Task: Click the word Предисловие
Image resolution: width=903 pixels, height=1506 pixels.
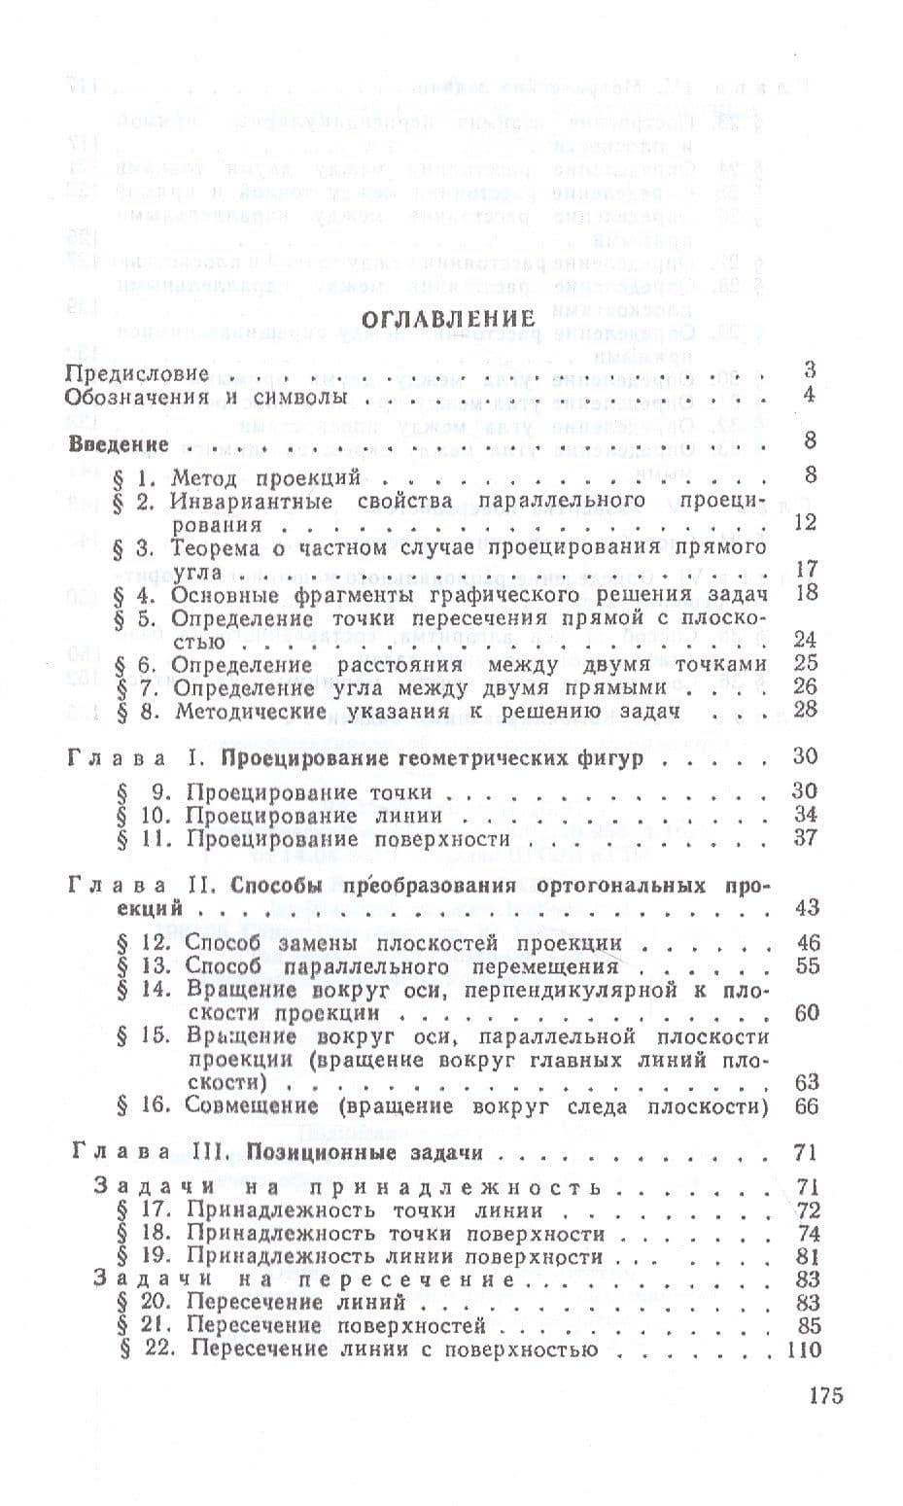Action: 137,372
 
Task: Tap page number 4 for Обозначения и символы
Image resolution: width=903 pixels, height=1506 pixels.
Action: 810,396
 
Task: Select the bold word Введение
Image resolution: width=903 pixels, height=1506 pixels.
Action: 120,443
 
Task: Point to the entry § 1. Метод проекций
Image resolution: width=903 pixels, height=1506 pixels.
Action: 237,476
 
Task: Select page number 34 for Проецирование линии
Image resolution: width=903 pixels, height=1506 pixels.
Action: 805,815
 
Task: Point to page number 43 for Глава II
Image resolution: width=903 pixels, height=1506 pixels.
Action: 806,908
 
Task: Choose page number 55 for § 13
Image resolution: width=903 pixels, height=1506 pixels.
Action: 807,966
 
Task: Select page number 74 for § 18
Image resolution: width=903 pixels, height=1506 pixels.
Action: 807,1234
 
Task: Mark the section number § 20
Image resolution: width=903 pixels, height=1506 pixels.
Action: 139,1303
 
